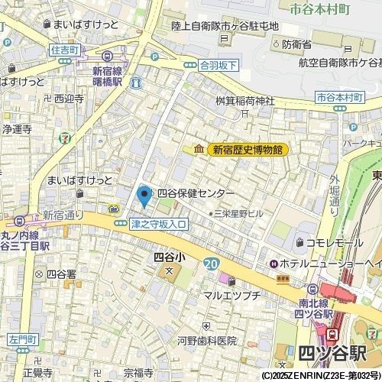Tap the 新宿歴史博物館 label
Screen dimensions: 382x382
tap(248, 150)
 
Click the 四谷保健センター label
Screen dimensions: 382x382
tap(196, 194)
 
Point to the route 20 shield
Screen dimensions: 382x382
tap(210, 264)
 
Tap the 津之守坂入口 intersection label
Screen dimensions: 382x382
tap(159, 224)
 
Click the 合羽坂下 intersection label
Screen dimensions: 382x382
tap(219, 66)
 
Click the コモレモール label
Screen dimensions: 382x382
tap(335, 243)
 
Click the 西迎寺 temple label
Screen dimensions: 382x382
tap(69, 99)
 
